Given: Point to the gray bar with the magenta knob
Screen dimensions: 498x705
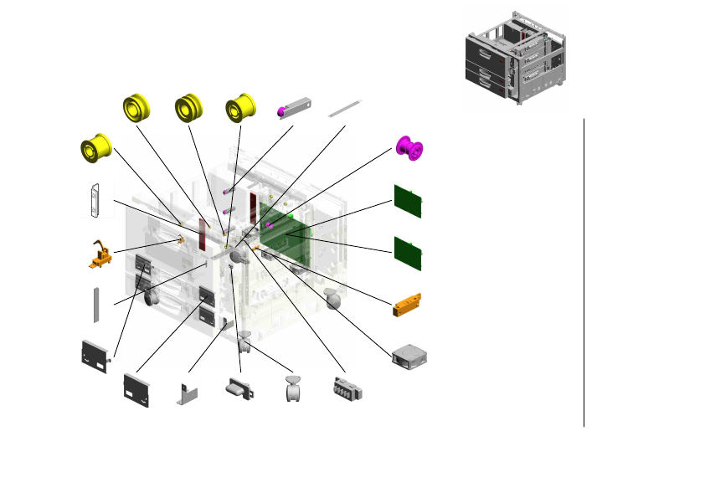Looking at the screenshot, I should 294,108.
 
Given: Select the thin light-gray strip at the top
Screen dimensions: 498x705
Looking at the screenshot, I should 344,108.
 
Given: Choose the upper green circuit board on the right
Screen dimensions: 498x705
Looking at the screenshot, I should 408,202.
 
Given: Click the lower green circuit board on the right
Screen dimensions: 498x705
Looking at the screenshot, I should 408,252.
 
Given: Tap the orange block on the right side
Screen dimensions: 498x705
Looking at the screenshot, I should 409,304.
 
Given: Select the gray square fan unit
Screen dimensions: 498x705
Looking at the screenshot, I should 409,357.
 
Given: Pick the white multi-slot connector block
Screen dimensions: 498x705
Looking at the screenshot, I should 346,390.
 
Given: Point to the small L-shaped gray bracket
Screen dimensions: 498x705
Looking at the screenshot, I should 187,392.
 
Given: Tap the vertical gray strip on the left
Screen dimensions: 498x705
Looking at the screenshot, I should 96,305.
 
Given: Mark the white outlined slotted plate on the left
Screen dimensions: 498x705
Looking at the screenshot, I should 96,201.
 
